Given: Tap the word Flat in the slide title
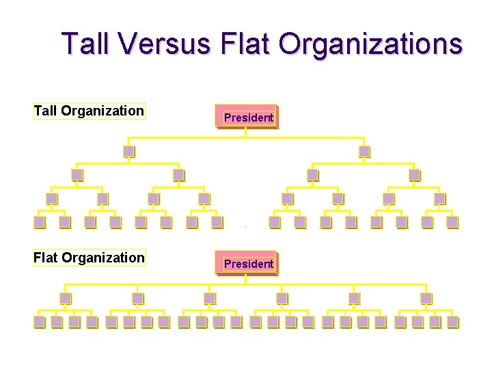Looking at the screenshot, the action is point(247,44).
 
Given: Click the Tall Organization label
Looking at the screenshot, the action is point(89,111).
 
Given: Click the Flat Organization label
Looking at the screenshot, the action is point(89,258).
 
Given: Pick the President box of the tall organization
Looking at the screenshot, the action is point(247,117).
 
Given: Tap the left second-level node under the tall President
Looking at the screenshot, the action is point(128,151).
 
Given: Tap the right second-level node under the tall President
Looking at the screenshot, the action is point(364,151).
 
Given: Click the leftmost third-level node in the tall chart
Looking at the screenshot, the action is point(77,174).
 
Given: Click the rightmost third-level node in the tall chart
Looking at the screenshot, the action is point(414,174).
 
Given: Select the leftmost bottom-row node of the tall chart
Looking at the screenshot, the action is point(40,221).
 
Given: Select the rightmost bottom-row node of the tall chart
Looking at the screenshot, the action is point(452,221).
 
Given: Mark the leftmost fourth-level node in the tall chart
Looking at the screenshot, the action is point(51,198).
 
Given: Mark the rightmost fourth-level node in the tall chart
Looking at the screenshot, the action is point(439,198).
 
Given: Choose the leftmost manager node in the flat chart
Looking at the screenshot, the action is point(65,298).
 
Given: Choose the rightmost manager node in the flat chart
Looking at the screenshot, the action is point(426,298).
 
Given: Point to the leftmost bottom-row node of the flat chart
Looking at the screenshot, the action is point(40,321).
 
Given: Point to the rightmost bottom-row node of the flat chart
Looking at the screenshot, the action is point(452,321).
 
